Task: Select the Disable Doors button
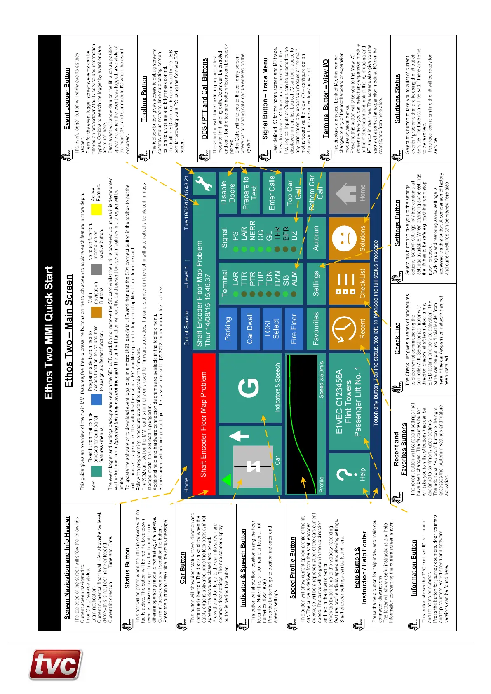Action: [228, 192]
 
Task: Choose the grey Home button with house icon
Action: [349, 192]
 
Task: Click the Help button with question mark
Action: [349, 474]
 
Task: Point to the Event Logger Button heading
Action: [67, 99]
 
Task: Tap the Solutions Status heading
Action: [397, 98]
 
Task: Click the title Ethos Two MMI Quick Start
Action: [49, 333]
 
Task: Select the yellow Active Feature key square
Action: [96, 209]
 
